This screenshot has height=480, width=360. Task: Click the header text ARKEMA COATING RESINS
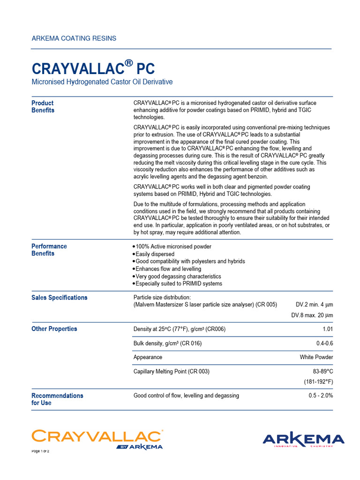(74, 38)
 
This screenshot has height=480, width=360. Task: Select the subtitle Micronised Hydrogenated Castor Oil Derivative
(102, 82)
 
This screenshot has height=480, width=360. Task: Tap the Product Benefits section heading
(43, 107)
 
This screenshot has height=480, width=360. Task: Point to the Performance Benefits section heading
(49, 250)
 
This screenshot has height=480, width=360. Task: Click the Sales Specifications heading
(59, 298)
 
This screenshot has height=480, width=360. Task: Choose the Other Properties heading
(54, 329)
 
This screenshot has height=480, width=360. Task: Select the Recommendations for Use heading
(57, 399)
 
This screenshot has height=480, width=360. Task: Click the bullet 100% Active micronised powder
(173, 247)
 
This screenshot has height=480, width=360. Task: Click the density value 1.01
(328, 329)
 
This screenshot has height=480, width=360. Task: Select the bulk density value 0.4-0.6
(324, 344)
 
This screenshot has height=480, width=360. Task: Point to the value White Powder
(316, 357)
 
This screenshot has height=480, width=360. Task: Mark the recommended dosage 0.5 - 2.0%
(321, 396)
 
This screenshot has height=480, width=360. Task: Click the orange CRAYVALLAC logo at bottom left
(97, 437)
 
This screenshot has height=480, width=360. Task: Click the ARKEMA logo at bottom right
(303, 440)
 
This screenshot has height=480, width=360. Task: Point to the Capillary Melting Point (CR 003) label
(172, 371)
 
